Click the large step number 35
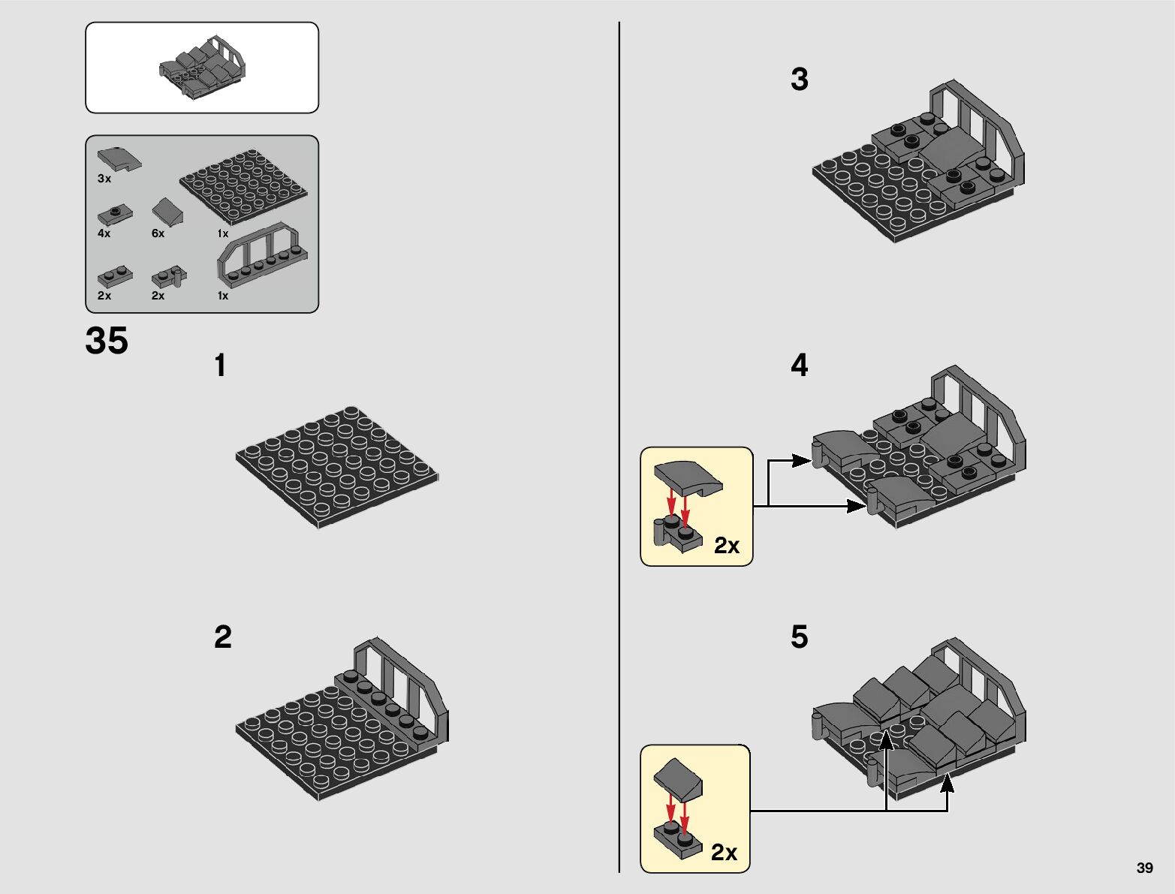pyautogui.click(x=107, y=340)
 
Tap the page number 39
pyautogui.click(x=1144, y=868)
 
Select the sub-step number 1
pyautogui.click(x=220, y=366)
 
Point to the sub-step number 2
pyautogui.click(x=223, y=637)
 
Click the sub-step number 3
pyautogui.click(x=799, y=79)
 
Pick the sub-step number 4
pyautogui.click(x=799, y=365)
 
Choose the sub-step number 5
pyautogui.click(x=799, y=637)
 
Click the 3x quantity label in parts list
pyautogui.click(x=104, y=179)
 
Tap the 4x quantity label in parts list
pyautogui.click(x=104, y=233)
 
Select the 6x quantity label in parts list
pyautogui.click(x=158, y=233)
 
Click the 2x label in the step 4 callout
pyautogui.click(x=727, y=546)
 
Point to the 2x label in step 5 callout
pyautogui.click(x=724, y=852)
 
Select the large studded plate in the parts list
pyautogui.click(x=243, y=187)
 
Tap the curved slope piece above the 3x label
pyautogui.click(x=119, y=159)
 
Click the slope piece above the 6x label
pyautogui.click(x=167, y=212)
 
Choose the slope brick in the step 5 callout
pyautogui.click(x=678, y=779)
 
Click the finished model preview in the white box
pyautogui.click(x=203, y=68)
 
